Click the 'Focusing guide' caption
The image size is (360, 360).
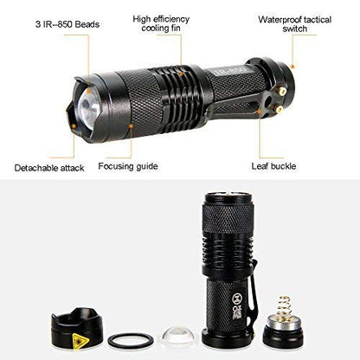pyautogui.click(x=126, y=166)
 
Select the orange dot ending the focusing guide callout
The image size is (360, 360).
pyautogui.click(x=131, y=127)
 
